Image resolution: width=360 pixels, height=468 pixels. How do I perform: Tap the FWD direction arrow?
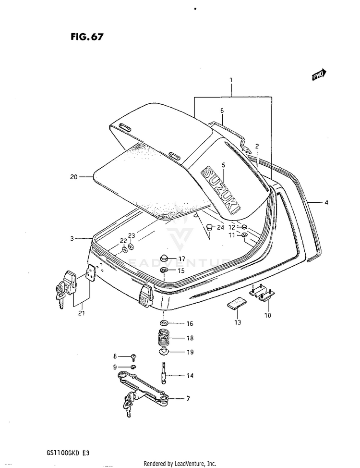(x=319, y=74)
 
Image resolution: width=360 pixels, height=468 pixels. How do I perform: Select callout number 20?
(x=73, y=177)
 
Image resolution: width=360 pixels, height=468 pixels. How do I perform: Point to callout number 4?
(x=326, y=203)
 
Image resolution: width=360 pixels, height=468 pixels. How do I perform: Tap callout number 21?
(x=81, y=314)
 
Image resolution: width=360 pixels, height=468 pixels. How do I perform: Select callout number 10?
(x=267, y=316)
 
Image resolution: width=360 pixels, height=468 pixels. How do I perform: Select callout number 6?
(x=222, y=111)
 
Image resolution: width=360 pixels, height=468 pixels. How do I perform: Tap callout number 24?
(x=221, y=227)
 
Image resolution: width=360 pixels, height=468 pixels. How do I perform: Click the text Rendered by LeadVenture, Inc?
(x=180, y=463)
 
